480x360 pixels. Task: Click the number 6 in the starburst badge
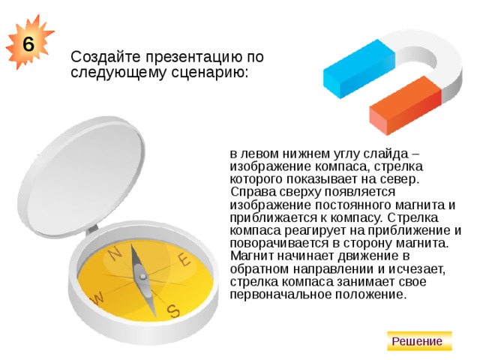[27, 43]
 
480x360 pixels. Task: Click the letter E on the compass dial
[184, 259]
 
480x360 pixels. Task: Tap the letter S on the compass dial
[173, 309]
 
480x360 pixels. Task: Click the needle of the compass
[140, 271]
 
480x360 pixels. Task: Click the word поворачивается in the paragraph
[274, 243]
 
